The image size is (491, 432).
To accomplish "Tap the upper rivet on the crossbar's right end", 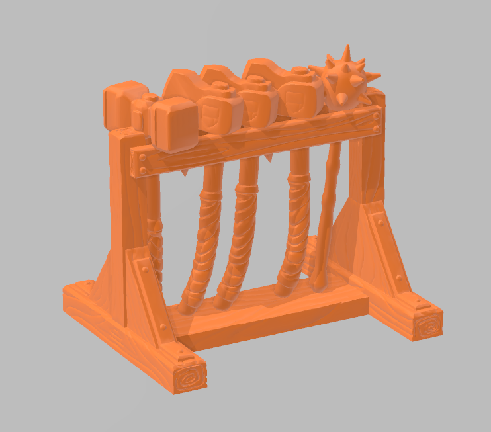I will [375, 116].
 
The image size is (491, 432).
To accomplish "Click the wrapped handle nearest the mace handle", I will [294, 225].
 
